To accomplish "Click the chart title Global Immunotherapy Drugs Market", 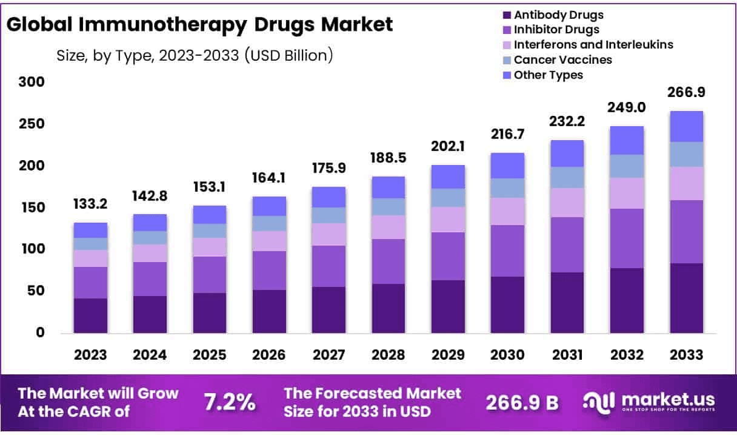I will pyautogui.click(x=200, y=24).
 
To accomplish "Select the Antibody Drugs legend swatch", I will pyautogui.click(x=505, y=15).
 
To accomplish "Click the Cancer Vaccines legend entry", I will pyautogui.click(x=562, y=59).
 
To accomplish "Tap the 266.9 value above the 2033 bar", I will pyautogui.click(x=686, y=92).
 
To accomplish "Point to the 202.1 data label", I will pyautogui.click(x=448, y=146).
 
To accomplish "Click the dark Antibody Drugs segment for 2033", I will pyautogui.click(x=686, y=298).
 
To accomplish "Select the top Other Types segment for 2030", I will pyautogui.click(x=507, y=165).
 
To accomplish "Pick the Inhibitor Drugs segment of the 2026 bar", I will pyautogui.click(x=269, y=271).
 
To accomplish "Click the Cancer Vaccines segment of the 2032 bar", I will pyautogui.click(x=627, y=166).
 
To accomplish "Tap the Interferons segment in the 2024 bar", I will pyautogui.click(x=150, y=253).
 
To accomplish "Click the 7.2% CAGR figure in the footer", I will pyautogui.click(x=230, y=402).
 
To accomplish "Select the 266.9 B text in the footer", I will pyautogui.click(x=522, y=402).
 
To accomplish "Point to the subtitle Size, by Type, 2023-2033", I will pyautogui.click(x=195, y=56).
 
